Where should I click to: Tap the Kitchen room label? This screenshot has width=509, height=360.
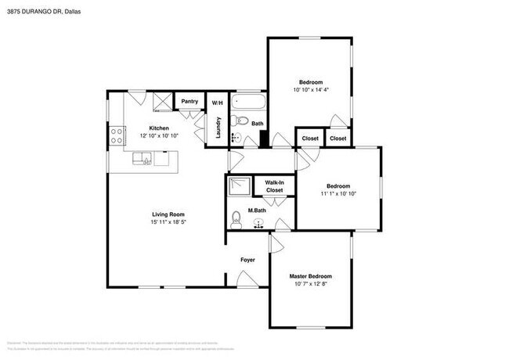point(160,128)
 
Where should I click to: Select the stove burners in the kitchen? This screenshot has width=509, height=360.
point(117,135)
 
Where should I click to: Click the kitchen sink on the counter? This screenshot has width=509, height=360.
point(143,160)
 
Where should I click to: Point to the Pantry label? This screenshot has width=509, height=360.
point(190,101)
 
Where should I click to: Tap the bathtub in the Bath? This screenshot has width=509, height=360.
point(251,102)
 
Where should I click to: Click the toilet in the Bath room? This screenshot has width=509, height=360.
point(240,121)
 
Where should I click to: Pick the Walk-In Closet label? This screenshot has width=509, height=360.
point(274,185)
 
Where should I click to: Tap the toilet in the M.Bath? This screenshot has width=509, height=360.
point(236,218)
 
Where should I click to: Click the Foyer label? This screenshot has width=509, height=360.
point(247,260)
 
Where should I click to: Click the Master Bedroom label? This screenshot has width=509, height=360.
point(310,276)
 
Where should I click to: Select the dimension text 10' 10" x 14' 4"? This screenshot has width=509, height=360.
point(310,90)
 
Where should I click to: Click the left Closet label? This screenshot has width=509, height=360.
point(309,139)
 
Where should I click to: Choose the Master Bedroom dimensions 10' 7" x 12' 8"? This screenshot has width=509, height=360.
point(310,284)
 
